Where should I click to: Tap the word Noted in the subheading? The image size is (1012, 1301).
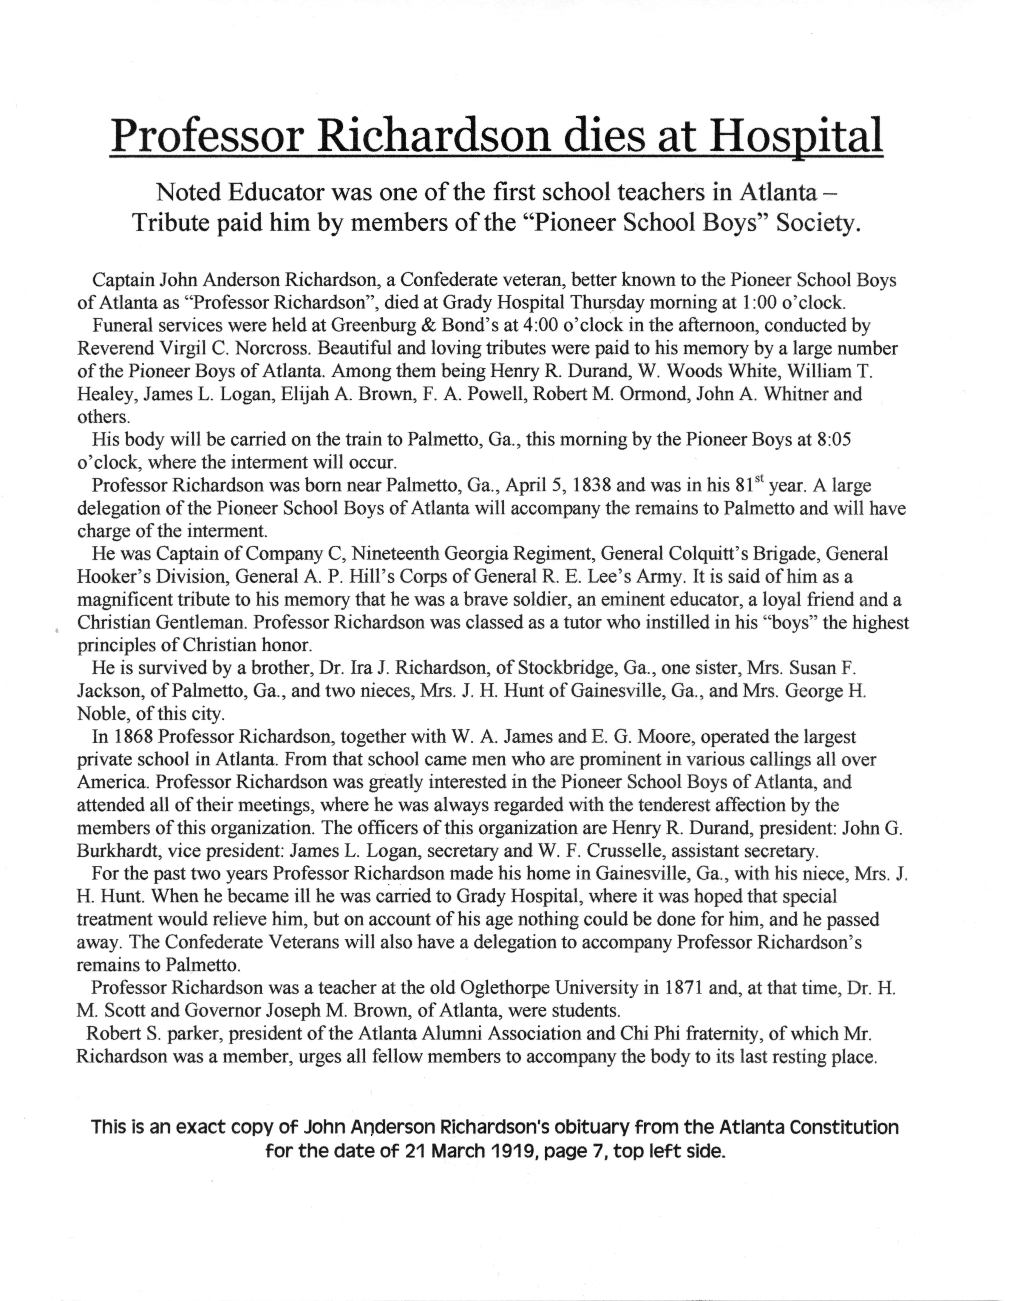187,193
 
